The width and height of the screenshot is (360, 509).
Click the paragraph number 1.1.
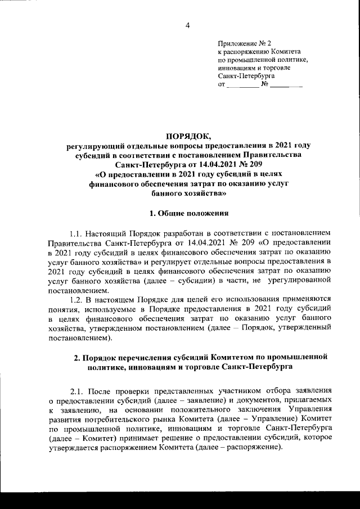tap(76, 233)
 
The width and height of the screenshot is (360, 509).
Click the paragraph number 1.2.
tap(76, 300)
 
